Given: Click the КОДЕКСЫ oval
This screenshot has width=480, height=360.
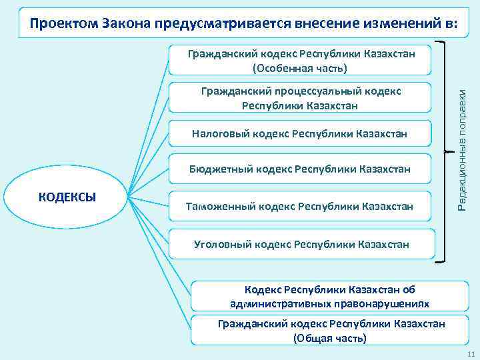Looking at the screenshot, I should (x=68, y=197).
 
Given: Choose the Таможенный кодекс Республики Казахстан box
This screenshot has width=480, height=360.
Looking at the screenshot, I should (x=299, y=207).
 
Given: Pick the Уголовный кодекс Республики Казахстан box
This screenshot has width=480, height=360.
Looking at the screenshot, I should (x=301, y=245).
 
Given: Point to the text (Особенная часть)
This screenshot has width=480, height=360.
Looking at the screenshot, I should (x=301, y=68).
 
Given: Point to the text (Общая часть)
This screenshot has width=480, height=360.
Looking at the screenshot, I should (x=330, y=338).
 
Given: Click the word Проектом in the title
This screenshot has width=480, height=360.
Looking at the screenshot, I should (x=64, y=25).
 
